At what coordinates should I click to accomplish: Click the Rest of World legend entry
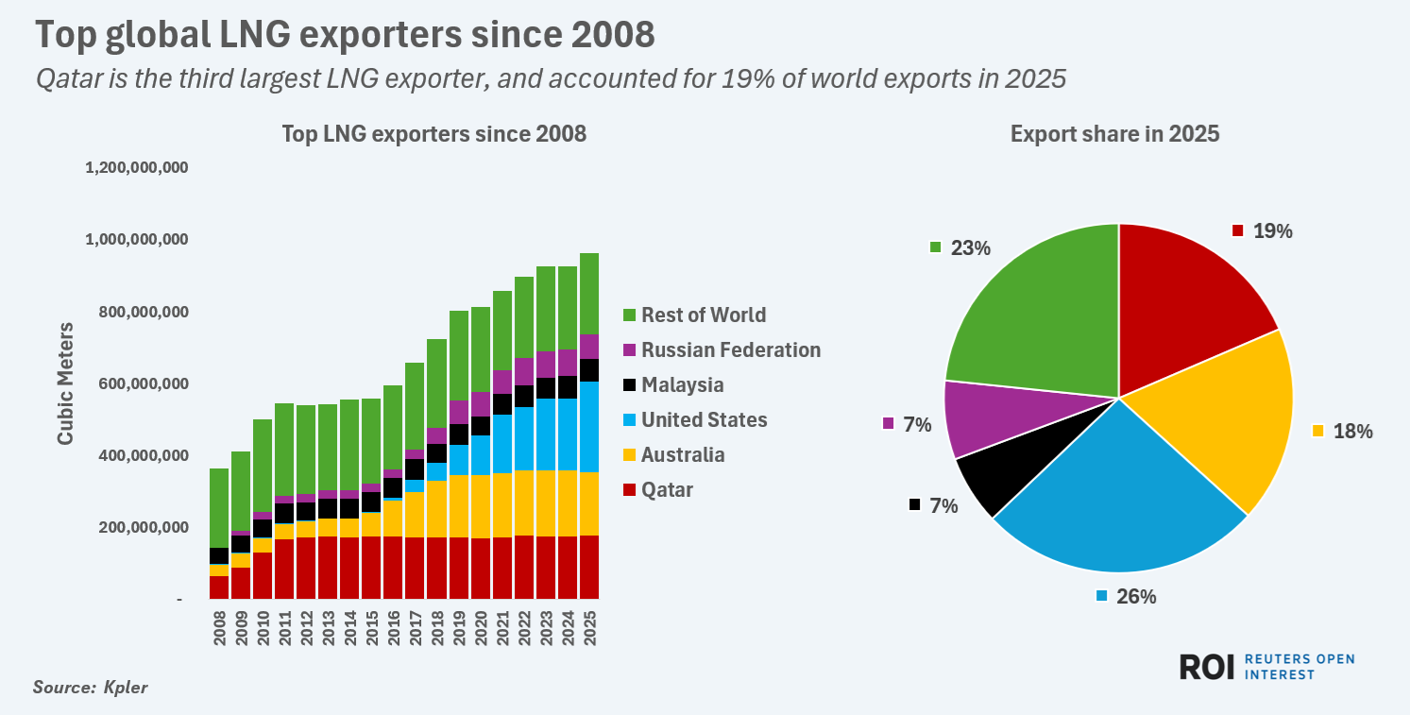[703, 315]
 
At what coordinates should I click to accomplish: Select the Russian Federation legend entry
[730, 349]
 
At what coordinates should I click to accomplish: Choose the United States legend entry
[704, 419]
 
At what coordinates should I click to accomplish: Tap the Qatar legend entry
[667, 489]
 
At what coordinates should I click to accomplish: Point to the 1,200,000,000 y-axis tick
[137, 168]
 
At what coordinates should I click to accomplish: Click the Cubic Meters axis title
[65, 383]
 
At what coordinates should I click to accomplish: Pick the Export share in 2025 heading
[1114, 134]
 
